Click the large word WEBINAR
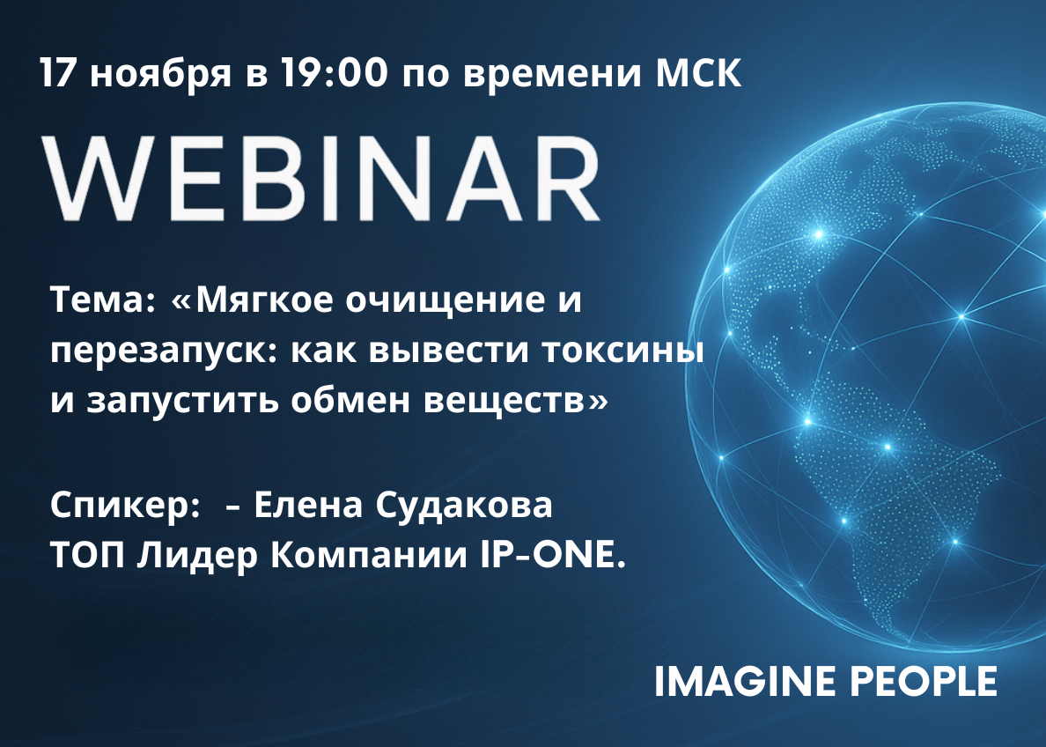pyautogui.click(x=320, y=178)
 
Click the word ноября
pyautogui.click(x=161, y=76)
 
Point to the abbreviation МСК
pyautogui.click(x=698, y=72)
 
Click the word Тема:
pyautogui.click(x=103, y=300)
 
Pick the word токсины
pyautogui.click(x=622, y=351)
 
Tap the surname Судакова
pyautogui.click(x=464, y=506)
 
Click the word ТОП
pyautogui.click(x=87, y=556)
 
